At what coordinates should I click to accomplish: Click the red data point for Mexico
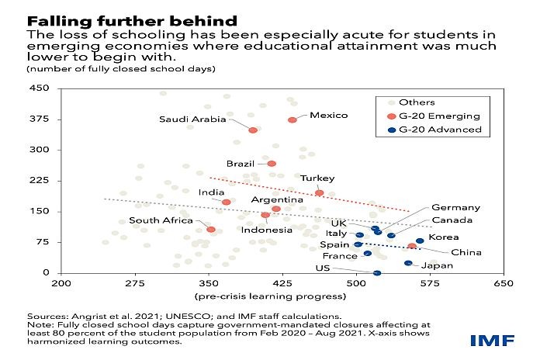[x=292, y=120]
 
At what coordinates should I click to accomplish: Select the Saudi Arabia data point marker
[x=253, y=130]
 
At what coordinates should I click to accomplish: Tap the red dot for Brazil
[x=272, y=164]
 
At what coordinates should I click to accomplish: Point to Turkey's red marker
[x=319, y=193]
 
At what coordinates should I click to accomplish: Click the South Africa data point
[x=211, y=230]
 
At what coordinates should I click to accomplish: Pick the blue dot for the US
[x=377, y=273]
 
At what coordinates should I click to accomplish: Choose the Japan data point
[x=408, y=263]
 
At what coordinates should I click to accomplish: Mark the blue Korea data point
[x=420, y=241]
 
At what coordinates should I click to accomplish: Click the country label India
[x=211, y=192]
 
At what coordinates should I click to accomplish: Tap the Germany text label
[x=455, y=207]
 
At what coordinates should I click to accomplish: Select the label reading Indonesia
[x=267, y=230]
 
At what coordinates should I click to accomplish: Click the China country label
[x=466, y=252]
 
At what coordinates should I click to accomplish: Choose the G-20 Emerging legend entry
[x=434, y=116]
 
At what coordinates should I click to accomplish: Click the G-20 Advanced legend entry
[x=434, y=130]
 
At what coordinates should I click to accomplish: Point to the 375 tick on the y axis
[x=40, y=119]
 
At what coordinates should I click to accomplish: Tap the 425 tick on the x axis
[x=282, y=283]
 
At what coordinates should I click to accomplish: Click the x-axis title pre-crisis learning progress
[x=270, y=296]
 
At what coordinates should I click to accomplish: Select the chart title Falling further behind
[x=132, y=22]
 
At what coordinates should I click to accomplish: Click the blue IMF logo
[x=492, y=341]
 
